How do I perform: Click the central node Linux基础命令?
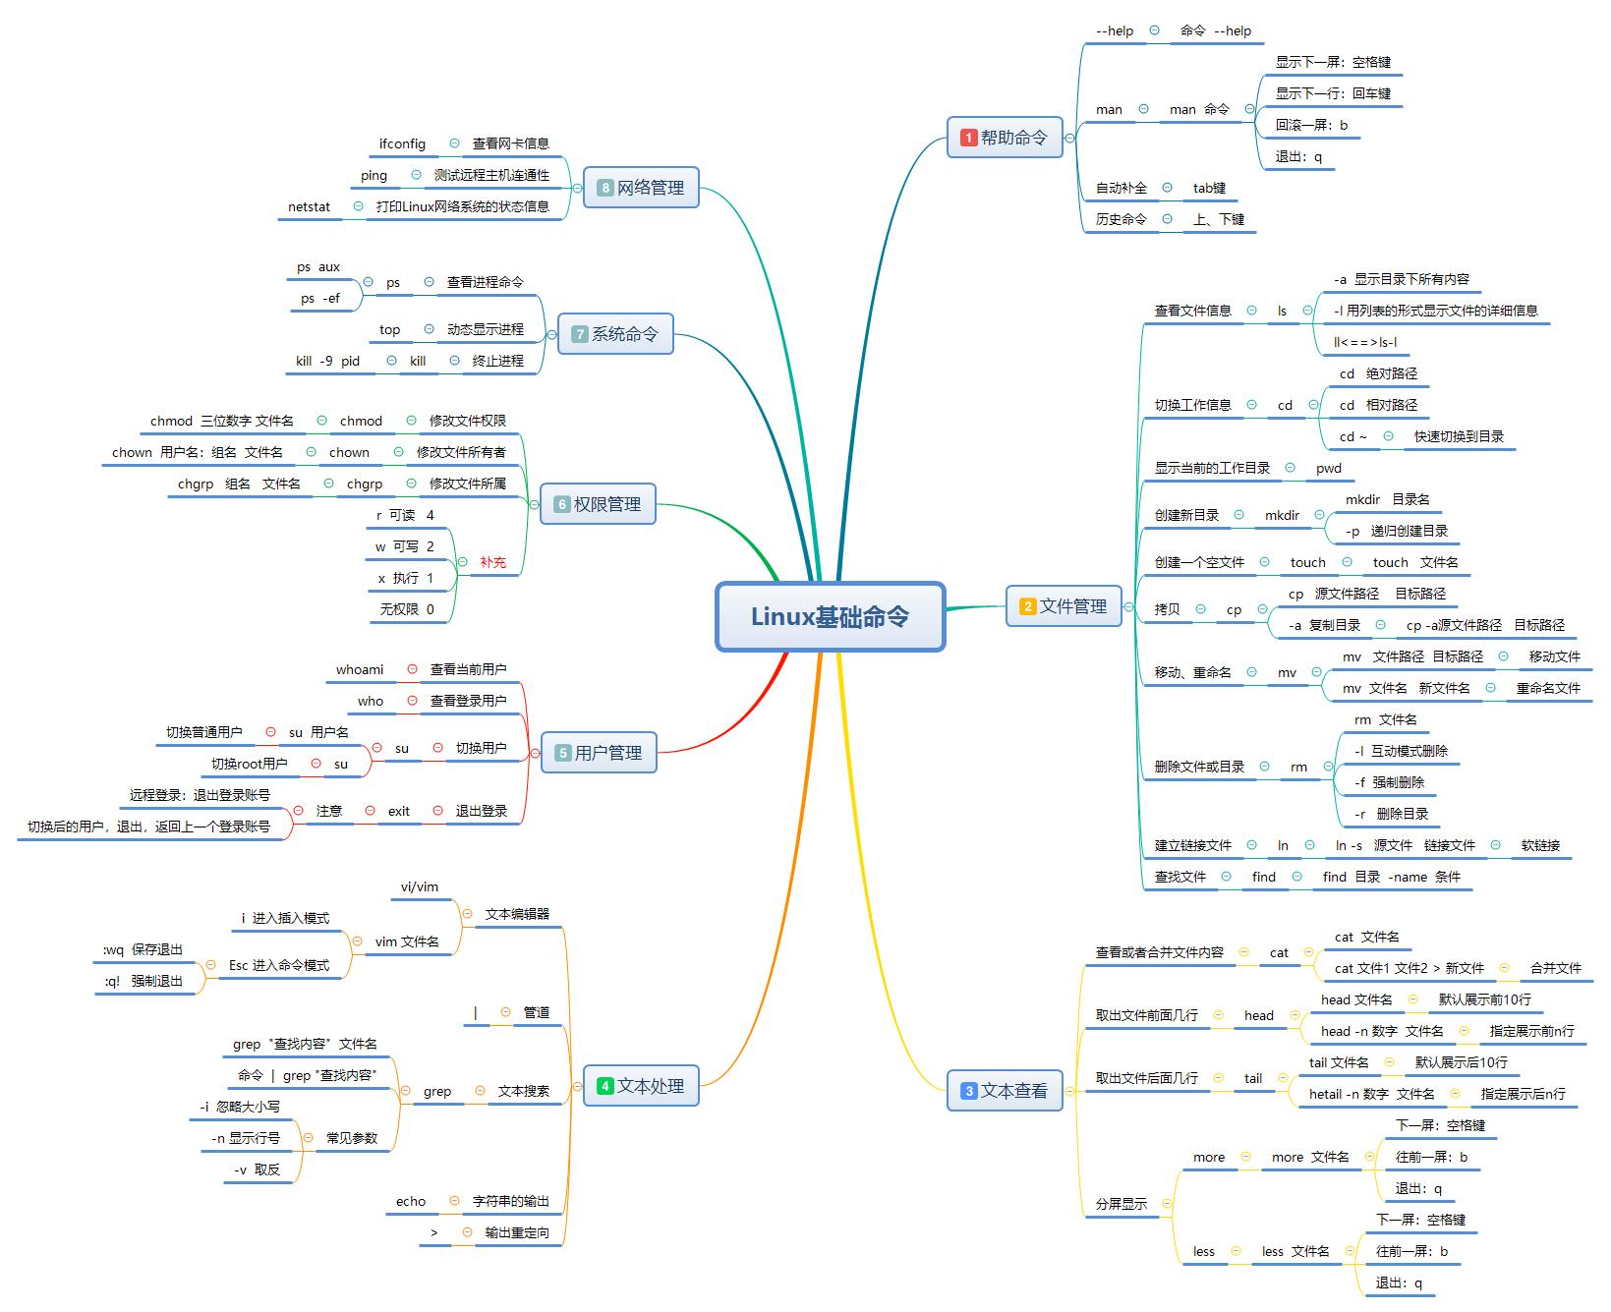coord(830,616)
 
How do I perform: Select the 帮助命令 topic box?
coord(1005,138)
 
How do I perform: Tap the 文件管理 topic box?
coord(1064,606)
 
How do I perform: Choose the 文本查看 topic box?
coord(1005,1091)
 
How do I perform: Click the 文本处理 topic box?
coord(641,1086)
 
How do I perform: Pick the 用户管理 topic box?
coord(599,753)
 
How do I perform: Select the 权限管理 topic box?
coord(598,504)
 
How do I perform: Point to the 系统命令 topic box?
coord(615,334)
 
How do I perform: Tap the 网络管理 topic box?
coord(641,188)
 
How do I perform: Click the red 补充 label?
coord(492,563)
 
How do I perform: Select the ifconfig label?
coord(402,143)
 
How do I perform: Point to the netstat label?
coord(309,206)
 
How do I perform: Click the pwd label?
coord(1328,468)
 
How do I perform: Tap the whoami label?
coord(360,669)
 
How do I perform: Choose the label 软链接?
coord(1540,845)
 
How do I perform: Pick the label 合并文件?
coord(1555,968)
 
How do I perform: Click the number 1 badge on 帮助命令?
coord(968,138)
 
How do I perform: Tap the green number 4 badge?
coord(604,1086)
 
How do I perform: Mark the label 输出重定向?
coord(517,1232)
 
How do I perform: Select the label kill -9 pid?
coord(327,361)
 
